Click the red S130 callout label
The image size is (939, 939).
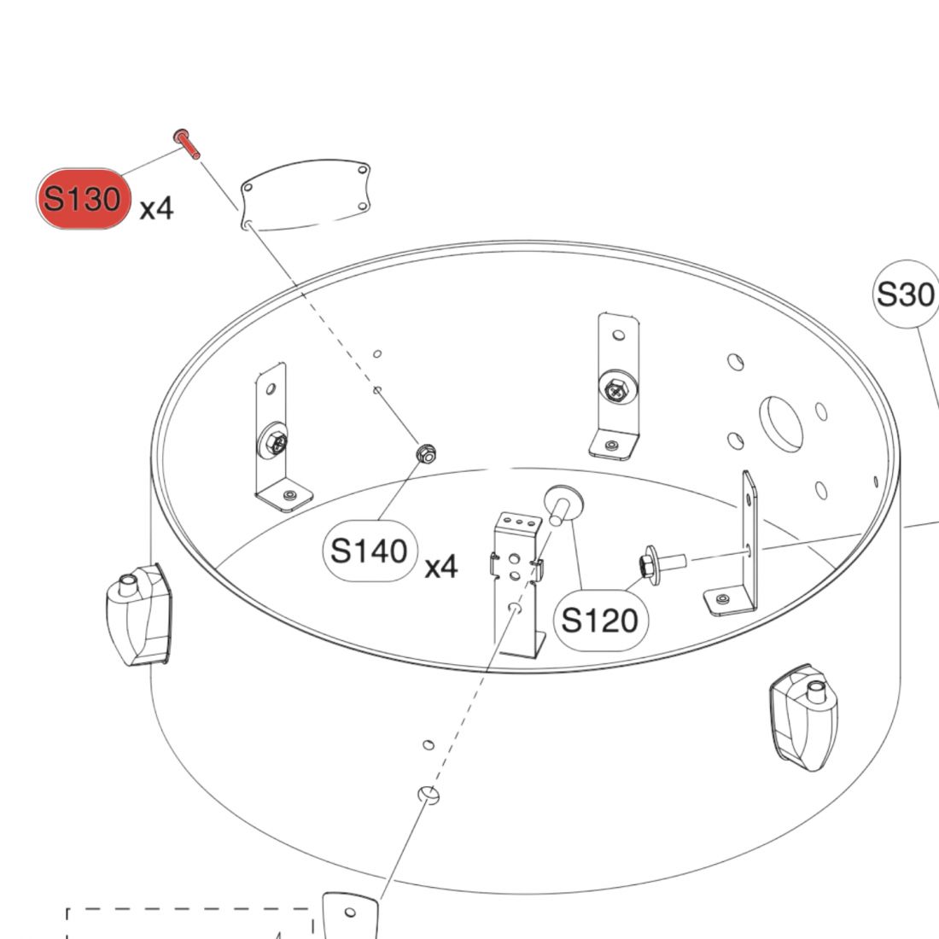83,199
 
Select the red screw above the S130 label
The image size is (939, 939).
186,143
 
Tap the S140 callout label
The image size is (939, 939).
369,551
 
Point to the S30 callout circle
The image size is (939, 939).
905,295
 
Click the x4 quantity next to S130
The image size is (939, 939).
156,207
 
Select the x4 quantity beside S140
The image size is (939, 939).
441,565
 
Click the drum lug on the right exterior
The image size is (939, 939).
803,714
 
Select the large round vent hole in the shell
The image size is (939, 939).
781,423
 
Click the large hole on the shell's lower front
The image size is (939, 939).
429,796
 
